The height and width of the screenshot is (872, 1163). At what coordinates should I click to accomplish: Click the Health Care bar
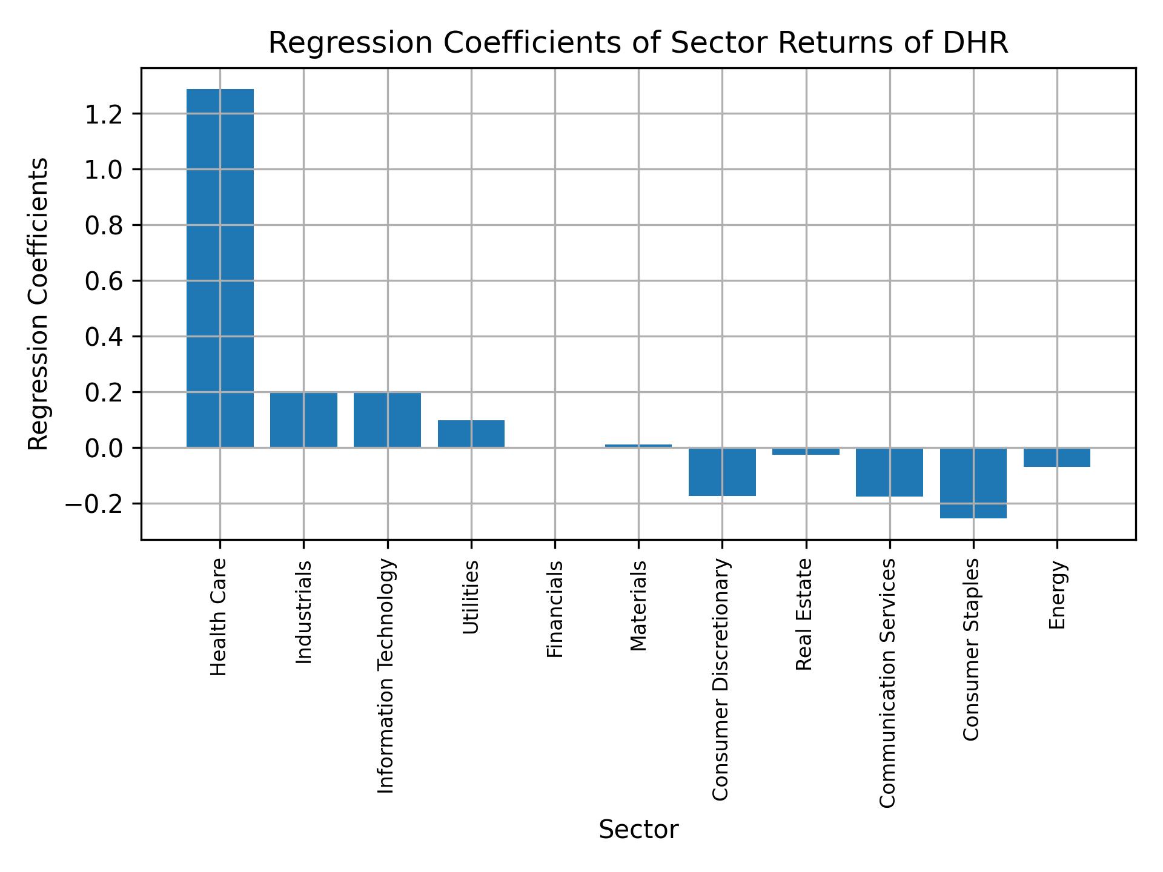tap(220, 268)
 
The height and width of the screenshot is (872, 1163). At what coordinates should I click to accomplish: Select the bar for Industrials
tap(303, 420)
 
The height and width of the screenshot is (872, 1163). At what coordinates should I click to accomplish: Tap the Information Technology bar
tap(387, 420)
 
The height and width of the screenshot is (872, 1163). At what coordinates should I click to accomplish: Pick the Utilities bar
tap(471, 434)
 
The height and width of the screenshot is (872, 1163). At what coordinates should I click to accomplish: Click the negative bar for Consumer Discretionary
tap(722, 472)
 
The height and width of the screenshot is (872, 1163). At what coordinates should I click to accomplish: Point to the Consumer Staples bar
tap(973, 483)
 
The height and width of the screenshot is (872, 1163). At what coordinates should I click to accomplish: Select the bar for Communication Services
tap(889, 472)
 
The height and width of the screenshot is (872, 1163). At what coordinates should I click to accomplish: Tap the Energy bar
tap(1056, 457)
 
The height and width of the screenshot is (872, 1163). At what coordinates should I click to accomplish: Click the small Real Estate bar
tap(806, 451)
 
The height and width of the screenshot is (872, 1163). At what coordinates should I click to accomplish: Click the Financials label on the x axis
tap(555, 609)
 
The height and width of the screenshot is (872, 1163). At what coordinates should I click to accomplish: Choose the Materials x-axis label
tap(638, 606)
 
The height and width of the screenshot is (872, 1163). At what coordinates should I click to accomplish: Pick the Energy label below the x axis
tap(1057, 595)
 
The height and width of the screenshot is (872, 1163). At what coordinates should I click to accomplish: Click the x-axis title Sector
tap(638, 830)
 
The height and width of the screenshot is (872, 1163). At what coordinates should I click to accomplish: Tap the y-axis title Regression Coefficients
tap(39, 304)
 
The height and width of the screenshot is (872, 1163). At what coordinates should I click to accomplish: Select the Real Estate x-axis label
tap(804, 615)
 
